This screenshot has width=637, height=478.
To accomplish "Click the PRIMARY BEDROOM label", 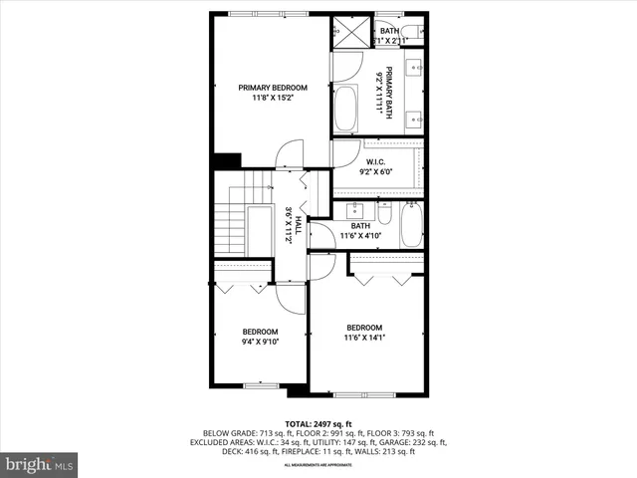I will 272,88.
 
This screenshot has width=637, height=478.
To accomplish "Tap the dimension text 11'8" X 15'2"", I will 272,99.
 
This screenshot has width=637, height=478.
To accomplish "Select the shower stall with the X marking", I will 350,31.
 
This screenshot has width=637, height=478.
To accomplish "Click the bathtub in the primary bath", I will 345,109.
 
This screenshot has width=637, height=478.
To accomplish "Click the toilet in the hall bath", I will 383,212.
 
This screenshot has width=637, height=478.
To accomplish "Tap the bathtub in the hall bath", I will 412,226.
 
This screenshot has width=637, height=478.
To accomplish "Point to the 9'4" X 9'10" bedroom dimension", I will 260,343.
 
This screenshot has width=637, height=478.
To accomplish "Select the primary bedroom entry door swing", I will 287,154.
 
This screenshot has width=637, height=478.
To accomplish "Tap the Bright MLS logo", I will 40,464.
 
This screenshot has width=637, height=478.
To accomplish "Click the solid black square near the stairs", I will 227,159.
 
